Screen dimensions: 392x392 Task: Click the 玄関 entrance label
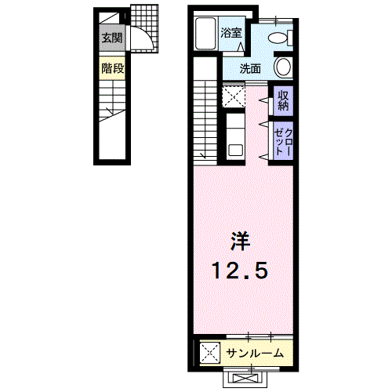tap(112, 38)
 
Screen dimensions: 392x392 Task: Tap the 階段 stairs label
tap(113, 68)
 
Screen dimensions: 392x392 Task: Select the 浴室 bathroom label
tap(231, 33)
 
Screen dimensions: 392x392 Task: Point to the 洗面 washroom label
tap(250, 69)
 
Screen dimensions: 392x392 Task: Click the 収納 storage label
tap(283, 100)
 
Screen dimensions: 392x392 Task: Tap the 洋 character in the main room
tap(240, 241)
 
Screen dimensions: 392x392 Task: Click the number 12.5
tap(240, 270)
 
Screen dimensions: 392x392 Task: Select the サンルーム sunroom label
tap(255, 354)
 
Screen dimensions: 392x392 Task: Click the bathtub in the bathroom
tap(205, 33)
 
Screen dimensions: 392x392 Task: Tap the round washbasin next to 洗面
tap(283, 67)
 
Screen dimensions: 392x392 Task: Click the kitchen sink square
tap(236, 151)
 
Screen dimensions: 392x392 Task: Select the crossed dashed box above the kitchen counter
tap(234, 96)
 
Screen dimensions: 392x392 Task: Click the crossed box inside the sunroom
tap(210, 353)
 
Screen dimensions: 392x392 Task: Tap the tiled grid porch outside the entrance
tap(144, 28)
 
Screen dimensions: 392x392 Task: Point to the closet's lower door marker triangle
tap(263, 157)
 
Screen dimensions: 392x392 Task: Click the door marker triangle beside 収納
tap(263, 100)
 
